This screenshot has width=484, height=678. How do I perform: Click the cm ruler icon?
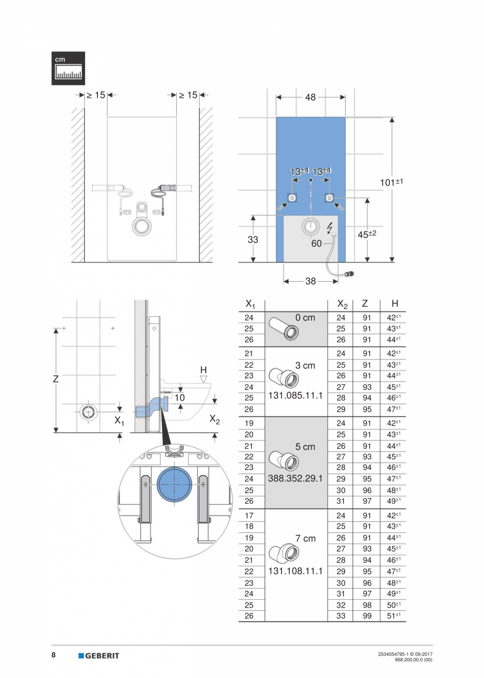(68, 68)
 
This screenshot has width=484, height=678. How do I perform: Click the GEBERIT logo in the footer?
(99, 655)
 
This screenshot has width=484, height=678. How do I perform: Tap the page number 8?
(54, 655)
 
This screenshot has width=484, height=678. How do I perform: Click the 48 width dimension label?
(310, 97)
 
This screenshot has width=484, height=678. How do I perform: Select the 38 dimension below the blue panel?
(310, 281)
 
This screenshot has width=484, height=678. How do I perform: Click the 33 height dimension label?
(253, 240)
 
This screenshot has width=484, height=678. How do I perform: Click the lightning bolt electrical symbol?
(330, 228)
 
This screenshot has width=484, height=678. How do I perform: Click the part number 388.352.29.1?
(295, 479)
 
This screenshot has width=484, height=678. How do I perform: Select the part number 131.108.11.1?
(295, 571)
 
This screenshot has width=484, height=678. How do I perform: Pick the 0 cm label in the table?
(305, 317)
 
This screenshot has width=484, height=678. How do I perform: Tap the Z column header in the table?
(365, 304)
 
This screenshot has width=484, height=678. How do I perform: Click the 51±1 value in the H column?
(394, 616)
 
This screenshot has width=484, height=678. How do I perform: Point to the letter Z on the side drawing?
(56, 378)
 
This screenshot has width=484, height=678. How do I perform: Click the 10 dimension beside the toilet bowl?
(180, 398)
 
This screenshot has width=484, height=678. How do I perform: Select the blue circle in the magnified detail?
(174, 484)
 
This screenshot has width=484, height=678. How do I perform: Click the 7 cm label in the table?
(305, 538)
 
